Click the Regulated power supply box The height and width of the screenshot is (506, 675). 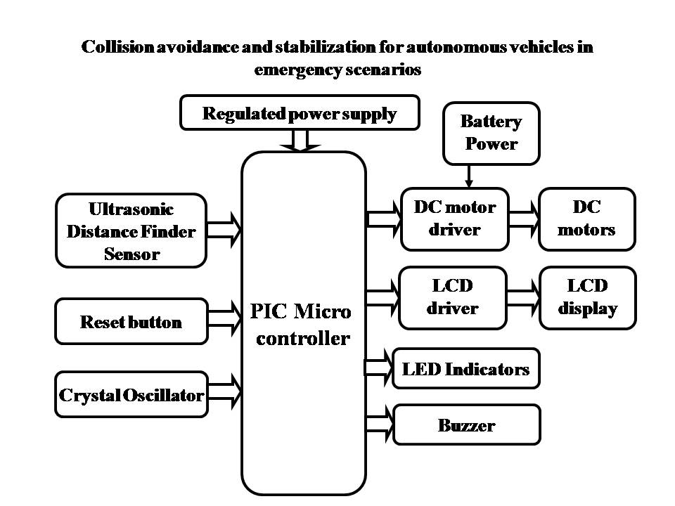[300, 114]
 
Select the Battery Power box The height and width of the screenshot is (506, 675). [491, 133]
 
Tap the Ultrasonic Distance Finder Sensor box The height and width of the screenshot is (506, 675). [131, 231]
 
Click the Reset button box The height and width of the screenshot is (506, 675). [131, 322]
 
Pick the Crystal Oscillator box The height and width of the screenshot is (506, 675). [131, 394]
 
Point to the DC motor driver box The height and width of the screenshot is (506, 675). [454, 219]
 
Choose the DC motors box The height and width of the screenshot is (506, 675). [586, 219]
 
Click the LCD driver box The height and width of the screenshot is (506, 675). [452, 297]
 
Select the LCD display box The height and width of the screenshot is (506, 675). [587, 297]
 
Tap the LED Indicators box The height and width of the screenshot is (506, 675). [465, 368]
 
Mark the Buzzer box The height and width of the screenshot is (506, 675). [466, 424]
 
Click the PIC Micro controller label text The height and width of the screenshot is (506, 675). [303, 324]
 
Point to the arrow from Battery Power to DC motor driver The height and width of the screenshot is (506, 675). [468, 175]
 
